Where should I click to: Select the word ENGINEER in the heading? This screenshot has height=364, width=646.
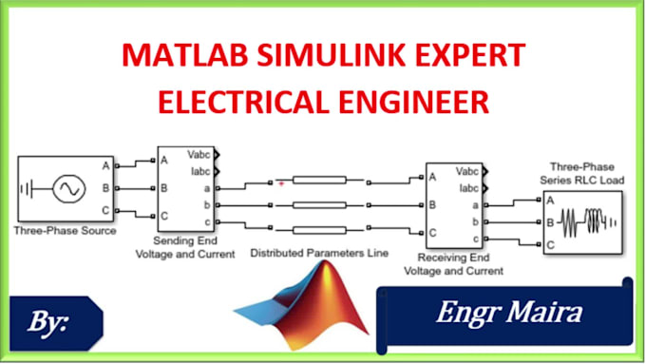[x=409, y=100]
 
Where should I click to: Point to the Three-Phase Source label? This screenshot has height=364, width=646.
[x=66, y=230]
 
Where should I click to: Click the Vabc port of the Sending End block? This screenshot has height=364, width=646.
[x=200, y=156]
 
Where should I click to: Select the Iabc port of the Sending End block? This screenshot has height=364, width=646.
[x=200, y=171]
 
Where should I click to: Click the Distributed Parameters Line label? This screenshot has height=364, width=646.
[x=319, y=254]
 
